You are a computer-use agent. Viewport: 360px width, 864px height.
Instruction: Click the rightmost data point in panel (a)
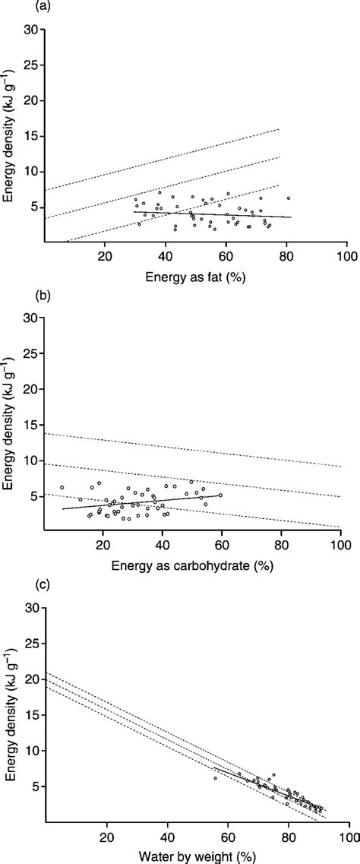289,198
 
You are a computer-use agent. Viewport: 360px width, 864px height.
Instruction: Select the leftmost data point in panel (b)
62,488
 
